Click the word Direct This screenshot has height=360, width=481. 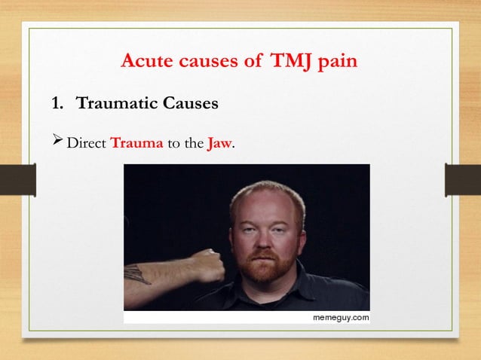[87, 141]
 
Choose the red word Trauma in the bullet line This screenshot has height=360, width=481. [137, 141]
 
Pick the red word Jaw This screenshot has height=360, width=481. [220, 141]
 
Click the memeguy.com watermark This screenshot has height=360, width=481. [341, 318]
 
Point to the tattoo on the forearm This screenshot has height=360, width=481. [139, 274]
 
